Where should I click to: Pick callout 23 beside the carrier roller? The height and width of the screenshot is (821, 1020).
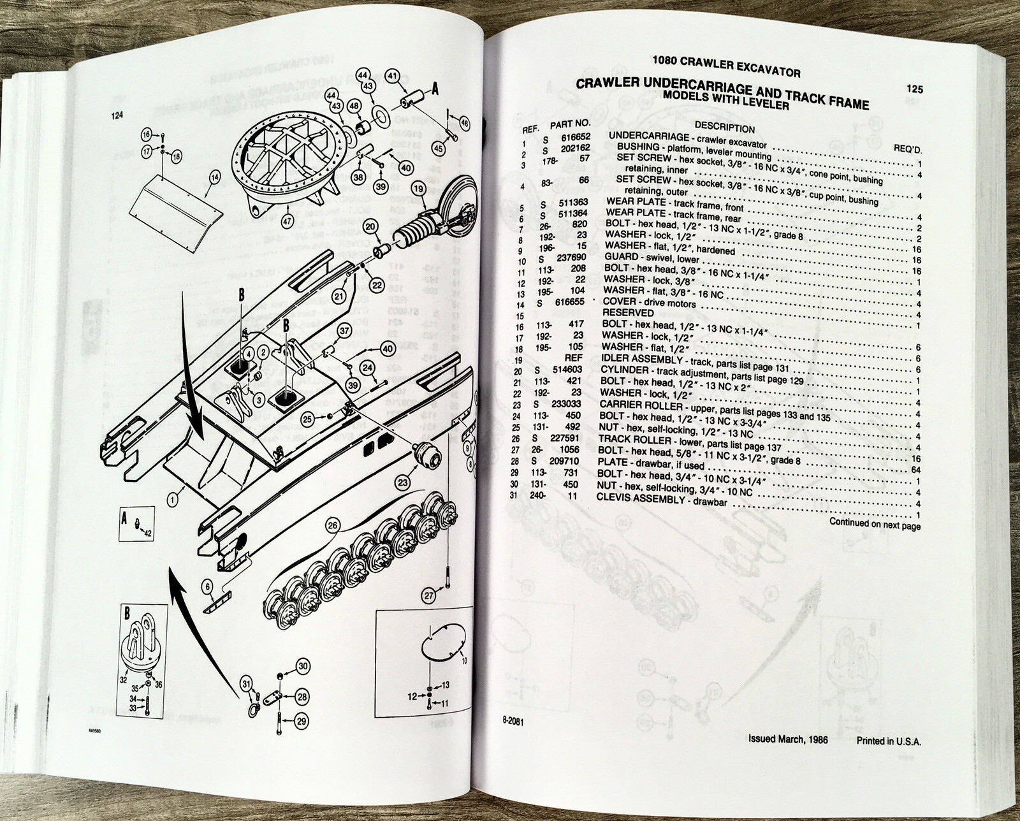[x=402, y=483]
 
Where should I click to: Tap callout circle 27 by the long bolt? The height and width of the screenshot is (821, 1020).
[x=429, y=595]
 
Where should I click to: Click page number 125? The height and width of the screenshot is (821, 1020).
[x=914, y=90]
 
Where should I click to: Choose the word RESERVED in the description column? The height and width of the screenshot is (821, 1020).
[x=628, y=313]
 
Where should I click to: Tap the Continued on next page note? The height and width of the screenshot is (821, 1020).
[x=875, y=525]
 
